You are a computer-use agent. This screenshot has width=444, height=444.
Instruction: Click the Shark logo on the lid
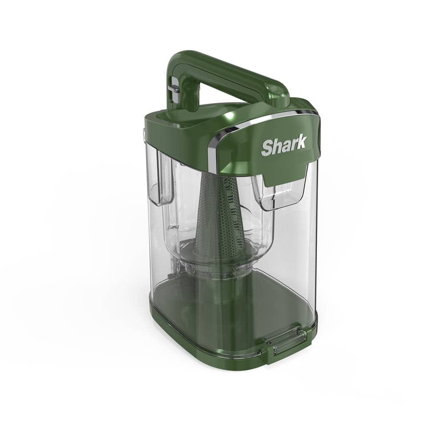pyautogui.click(x=284, y=145)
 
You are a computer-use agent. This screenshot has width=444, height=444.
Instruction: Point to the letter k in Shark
pyautogui.click(x=301, y=142)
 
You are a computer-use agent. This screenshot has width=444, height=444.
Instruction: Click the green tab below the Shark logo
pyautogui.click(x=285, y=175)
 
